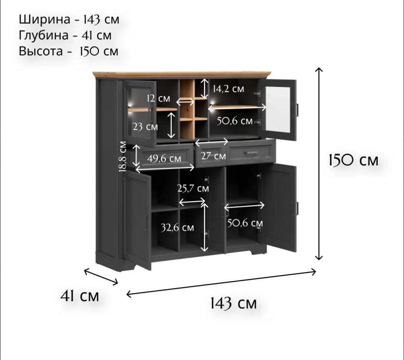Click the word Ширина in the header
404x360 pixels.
tap(40, 19)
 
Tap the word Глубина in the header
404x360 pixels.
tap(43, 36)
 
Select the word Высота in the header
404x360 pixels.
tap(40, 51)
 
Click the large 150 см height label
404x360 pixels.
tap(353, 160)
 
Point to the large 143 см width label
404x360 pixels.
tap(233, 303)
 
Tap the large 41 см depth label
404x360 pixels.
tap(79, 296)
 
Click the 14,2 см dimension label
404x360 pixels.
tap(228, 89)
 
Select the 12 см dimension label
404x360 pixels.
tap(158, 98)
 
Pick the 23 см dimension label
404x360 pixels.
tap(145, 127)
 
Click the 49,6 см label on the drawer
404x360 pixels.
tap(164, 159)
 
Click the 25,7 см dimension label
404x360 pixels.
tap(193, 188)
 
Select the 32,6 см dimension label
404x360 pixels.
tap(177, 228)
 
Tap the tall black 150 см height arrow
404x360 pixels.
tap(319, 163)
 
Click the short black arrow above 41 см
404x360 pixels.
tap(101, 276)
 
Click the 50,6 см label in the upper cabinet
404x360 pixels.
tap(234, 121)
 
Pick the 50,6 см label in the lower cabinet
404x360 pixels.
tap(245, 223)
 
